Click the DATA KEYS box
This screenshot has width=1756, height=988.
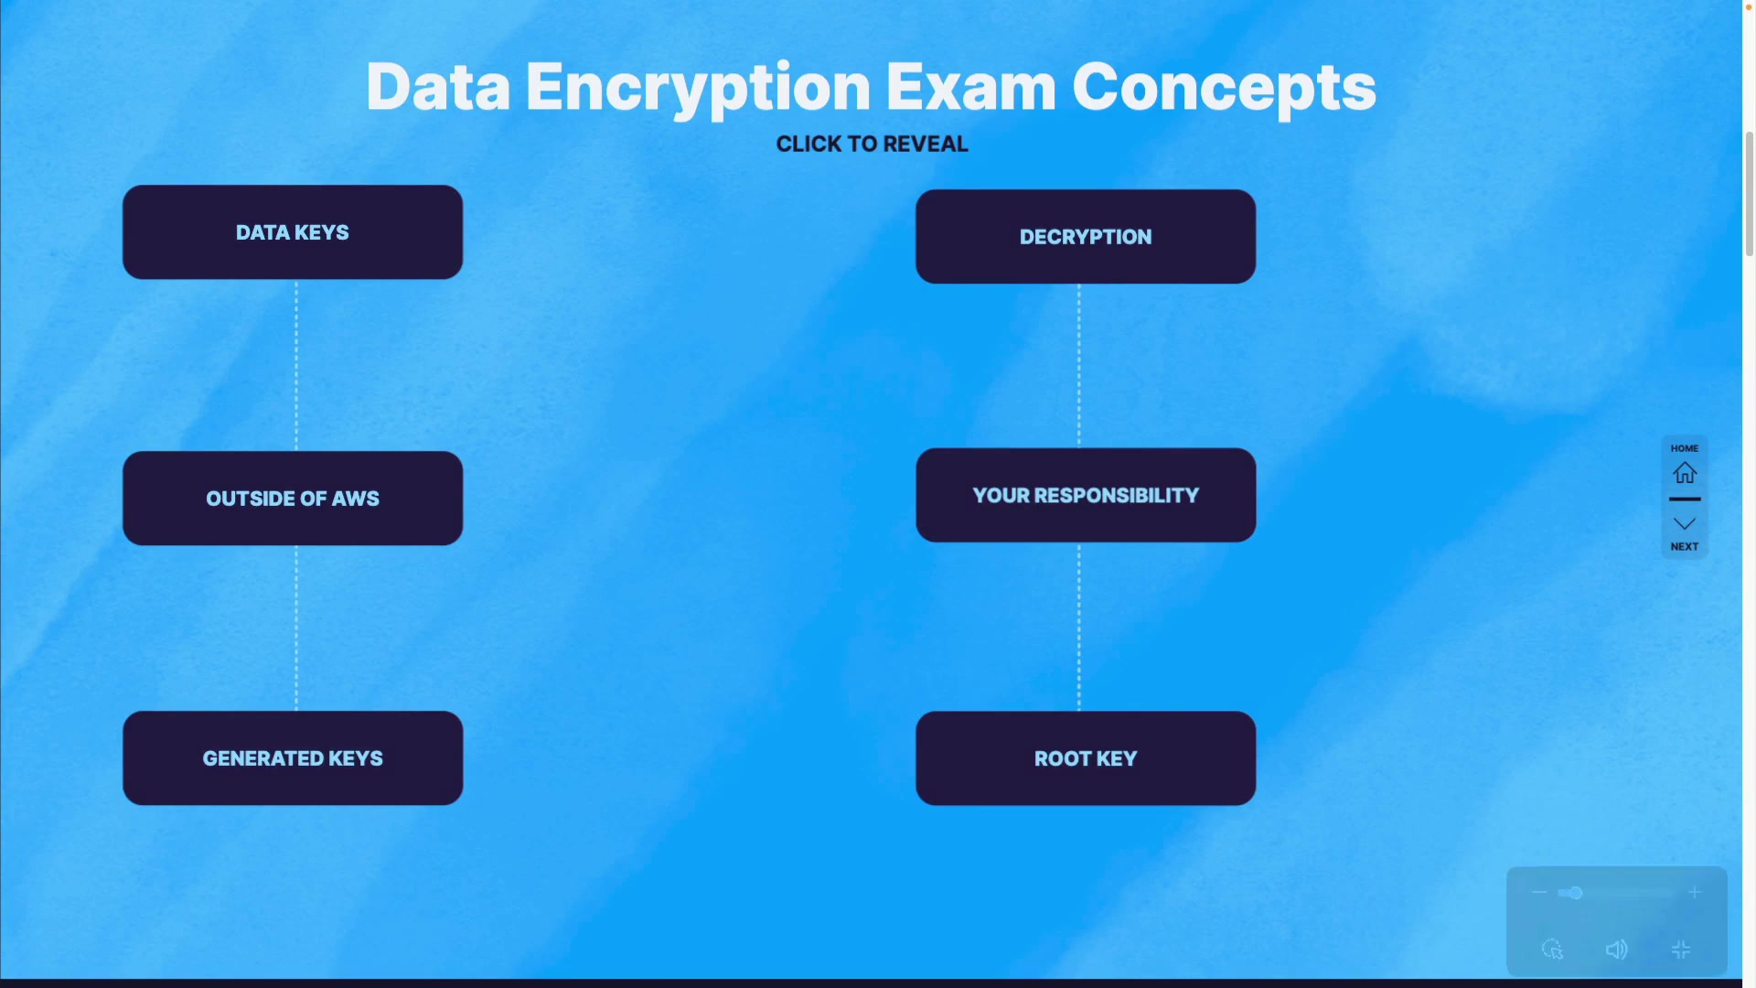click(293, 232)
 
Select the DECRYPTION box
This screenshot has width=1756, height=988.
click(1086, 237)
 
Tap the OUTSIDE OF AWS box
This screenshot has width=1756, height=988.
click(293, 499)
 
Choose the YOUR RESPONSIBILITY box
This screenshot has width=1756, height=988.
click(1086, 495)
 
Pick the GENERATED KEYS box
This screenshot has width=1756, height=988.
click(293, 758)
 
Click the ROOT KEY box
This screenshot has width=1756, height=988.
click(1086, 758)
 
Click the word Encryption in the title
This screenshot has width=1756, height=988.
click(698, 88)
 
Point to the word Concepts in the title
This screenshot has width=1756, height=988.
click(1224, 88)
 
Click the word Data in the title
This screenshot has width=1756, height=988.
click(438, 88)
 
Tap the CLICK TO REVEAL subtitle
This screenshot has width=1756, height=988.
click(872, 145)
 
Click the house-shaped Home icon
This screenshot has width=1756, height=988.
click(1685, 473)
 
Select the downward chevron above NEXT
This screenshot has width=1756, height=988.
click(1685, 524)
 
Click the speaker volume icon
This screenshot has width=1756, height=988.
click(1616, 950)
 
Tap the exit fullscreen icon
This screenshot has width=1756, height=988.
click(1681, 950)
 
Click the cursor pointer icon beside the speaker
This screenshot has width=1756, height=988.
click(1552, 950)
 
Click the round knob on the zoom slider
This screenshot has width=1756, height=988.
click(1575, 893)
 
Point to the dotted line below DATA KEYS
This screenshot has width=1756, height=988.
click(296, 366)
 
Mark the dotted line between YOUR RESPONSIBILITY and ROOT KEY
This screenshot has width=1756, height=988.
click(1079, 627)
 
